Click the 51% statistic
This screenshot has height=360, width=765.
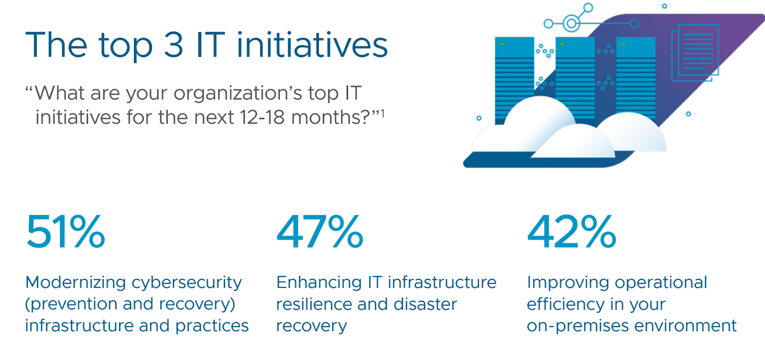click(x=66, y=231)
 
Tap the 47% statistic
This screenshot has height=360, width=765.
click(x=320, y=231)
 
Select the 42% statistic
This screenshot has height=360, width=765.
click(x=571, y=231)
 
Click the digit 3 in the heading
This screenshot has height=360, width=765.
click(x=174, y=45)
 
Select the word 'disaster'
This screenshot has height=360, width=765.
click(x=425, y=304)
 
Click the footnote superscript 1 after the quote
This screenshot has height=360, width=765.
click(x=383, y=113)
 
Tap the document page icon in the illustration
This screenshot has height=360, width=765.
click(x=695, y=52)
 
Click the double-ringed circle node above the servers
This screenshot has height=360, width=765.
click(x=571, y=23)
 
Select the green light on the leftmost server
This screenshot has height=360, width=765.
click(x=502, y=44)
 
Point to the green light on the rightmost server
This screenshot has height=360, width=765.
click(x=623, y=44)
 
